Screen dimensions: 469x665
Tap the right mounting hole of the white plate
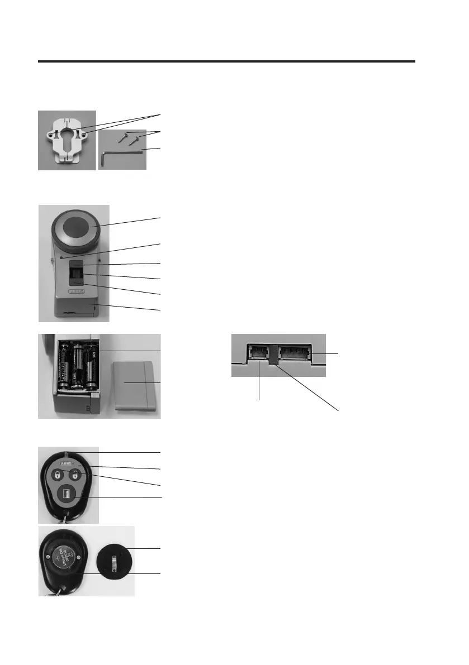tap(87, 134)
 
